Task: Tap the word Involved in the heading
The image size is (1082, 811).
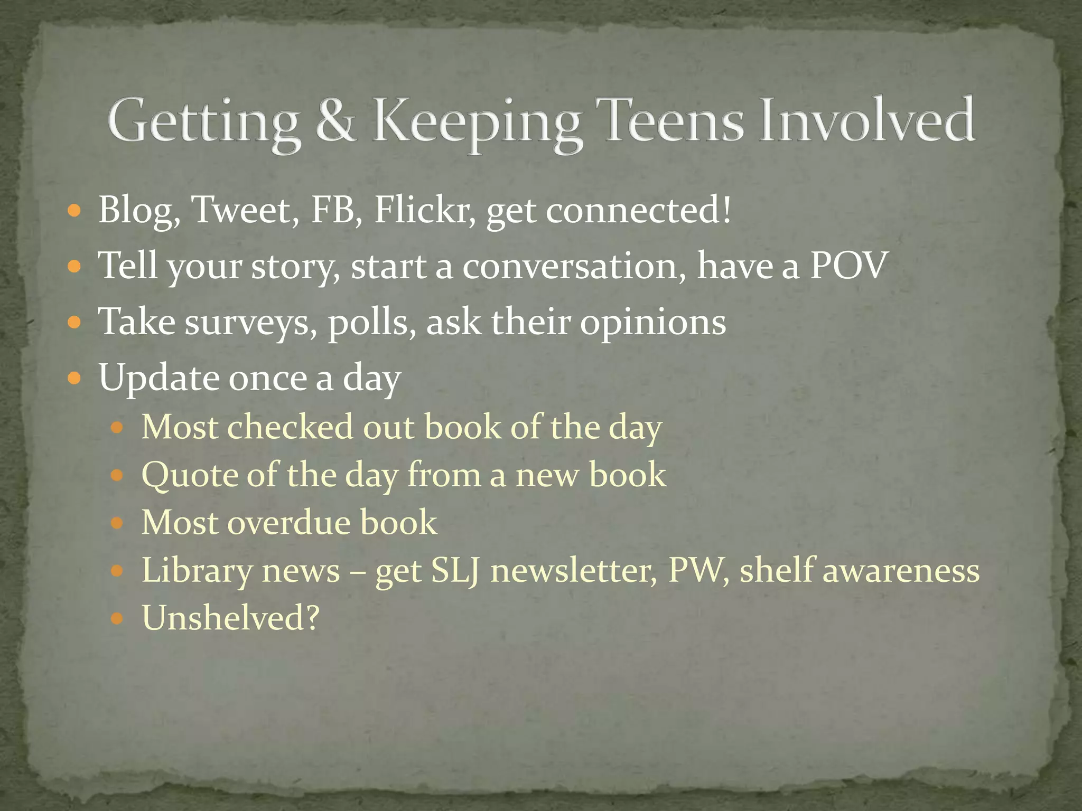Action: (x=867, y=121)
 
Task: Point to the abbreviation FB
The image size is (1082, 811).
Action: (x=332, y=210)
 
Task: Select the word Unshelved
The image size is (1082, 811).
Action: (x=230, y=618)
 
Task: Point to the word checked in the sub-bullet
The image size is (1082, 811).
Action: (x=290, y=427)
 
